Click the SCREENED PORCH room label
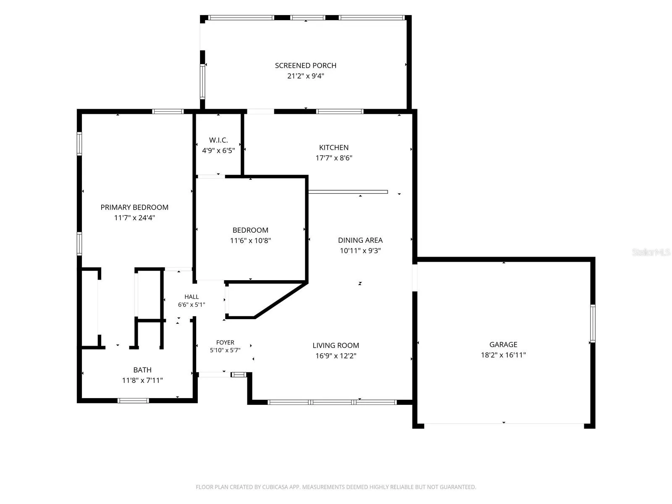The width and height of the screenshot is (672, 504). (x=305, y=66)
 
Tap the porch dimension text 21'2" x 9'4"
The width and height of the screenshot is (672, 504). (x=305, y=76)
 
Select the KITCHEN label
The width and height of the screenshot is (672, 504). (x=334, y=147)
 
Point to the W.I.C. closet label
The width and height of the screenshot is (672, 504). (x=218, y=140)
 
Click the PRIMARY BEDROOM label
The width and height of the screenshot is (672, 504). (x=134, y=207)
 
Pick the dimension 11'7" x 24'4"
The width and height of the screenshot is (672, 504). (x=134, y=218)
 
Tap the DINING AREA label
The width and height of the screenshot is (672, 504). (x=360, y=240)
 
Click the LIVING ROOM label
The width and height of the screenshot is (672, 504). (x=336, y=346)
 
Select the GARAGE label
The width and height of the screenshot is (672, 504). (x=503, y=344)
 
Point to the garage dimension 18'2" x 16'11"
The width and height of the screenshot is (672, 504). (x=503, y=355)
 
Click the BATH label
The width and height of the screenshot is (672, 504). (x=142, y=370)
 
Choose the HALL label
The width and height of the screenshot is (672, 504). (x=192, y=297)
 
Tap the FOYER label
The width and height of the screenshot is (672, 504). (x=225, y=342)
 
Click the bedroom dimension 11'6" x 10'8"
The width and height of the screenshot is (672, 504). (x=250, y=241)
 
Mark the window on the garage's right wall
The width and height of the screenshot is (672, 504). (x=592, y=323)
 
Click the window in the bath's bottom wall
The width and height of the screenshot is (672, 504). (x=133, y=401)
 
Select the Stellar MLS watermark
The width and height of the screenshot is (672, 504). (x=651, y=252)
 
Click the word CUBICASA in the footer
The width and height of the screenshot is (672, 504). (x=275, y=487)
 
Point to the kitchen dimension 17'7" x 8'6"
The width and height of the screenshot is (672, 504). (x=334, y=158)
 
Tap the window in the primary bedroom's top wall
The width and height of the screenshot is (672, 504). (x=168, y=111)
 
